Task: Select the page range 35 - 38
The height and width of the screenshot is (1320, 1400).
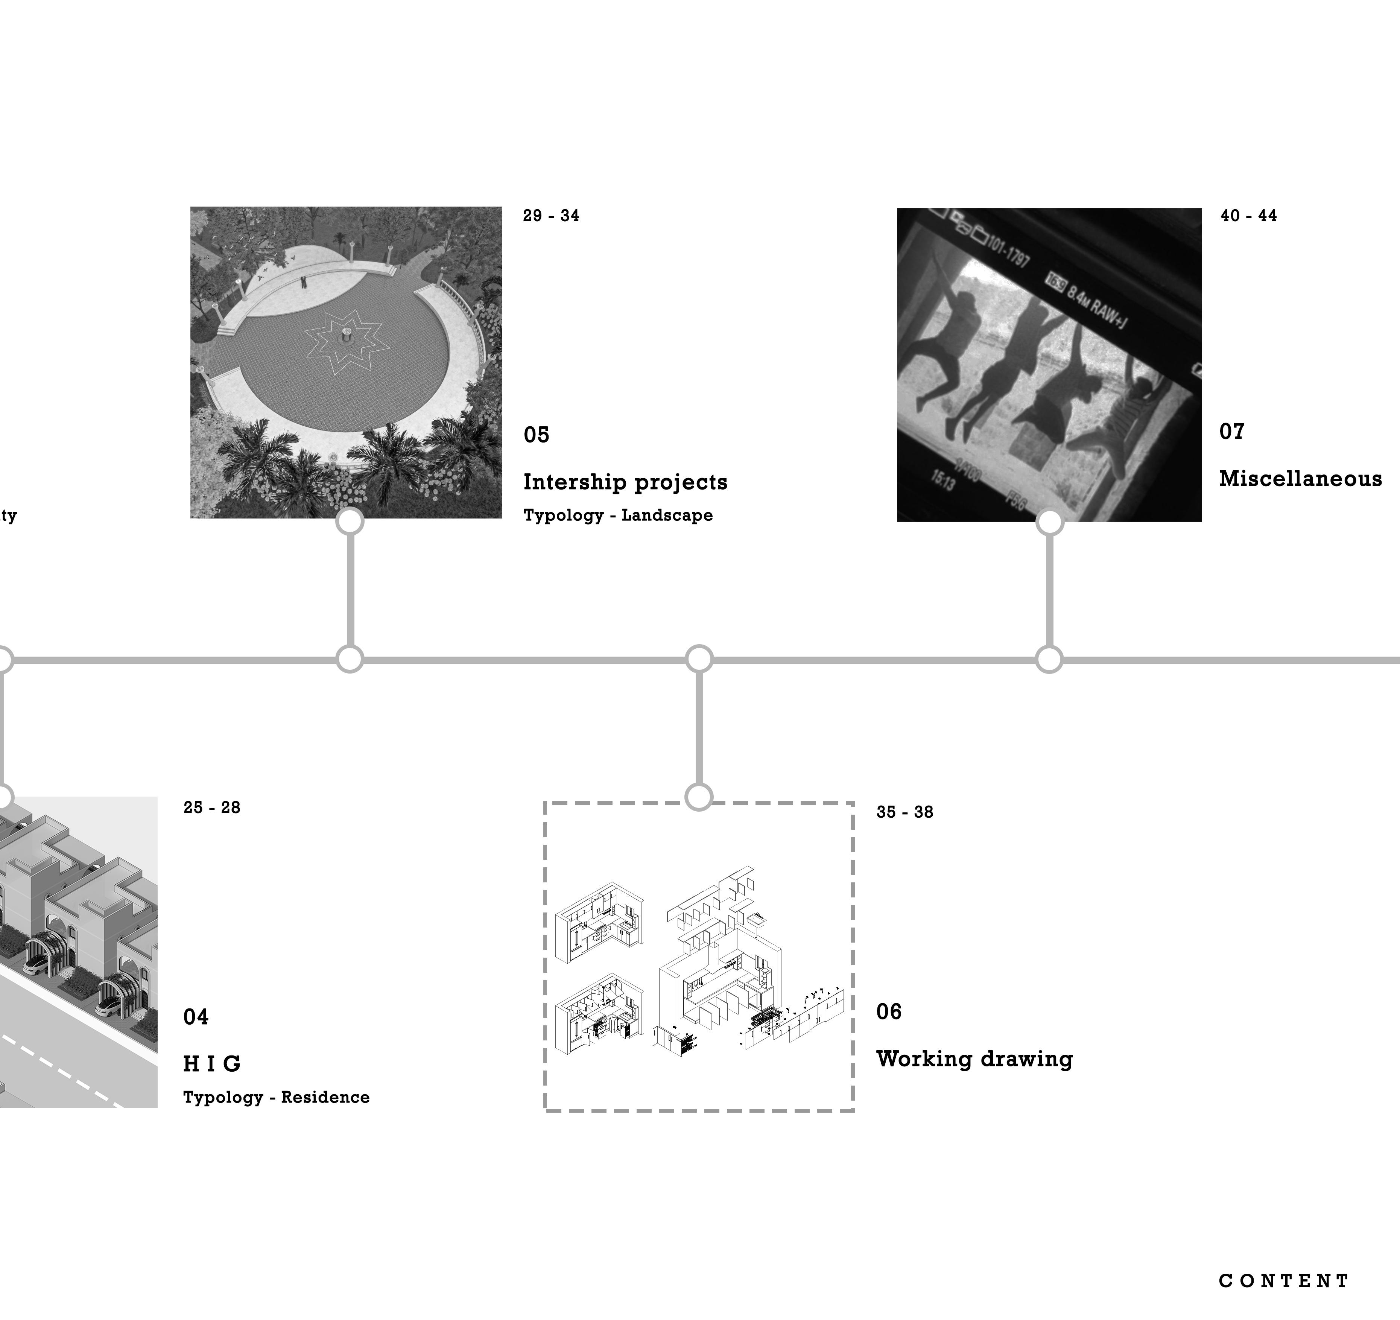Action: click(x=904, y=812)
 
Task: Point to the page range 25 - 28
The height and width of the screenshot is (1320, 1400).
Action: click(x=211, y=808)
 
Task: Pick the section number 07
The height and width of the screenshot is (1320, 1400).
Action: click(x=1232, y=432)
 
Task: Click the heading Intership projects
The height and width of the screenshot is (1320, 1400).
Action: click(x=625, y=482)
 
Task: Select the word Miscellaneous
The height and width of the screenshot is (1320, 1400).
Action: click(x=1300, y=479)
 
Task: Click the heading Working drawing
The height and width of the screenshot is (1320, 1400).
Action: click(x=974, y=1059)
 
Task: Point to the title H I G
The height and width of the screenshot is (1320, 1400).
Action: click(x=212, y=1064)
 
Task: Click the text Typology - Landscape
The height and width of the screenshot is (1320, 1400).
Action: click(x=618, y=516)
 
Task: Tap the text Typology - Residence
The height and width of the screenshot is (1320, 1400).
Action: click(x=276, y=1097)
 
